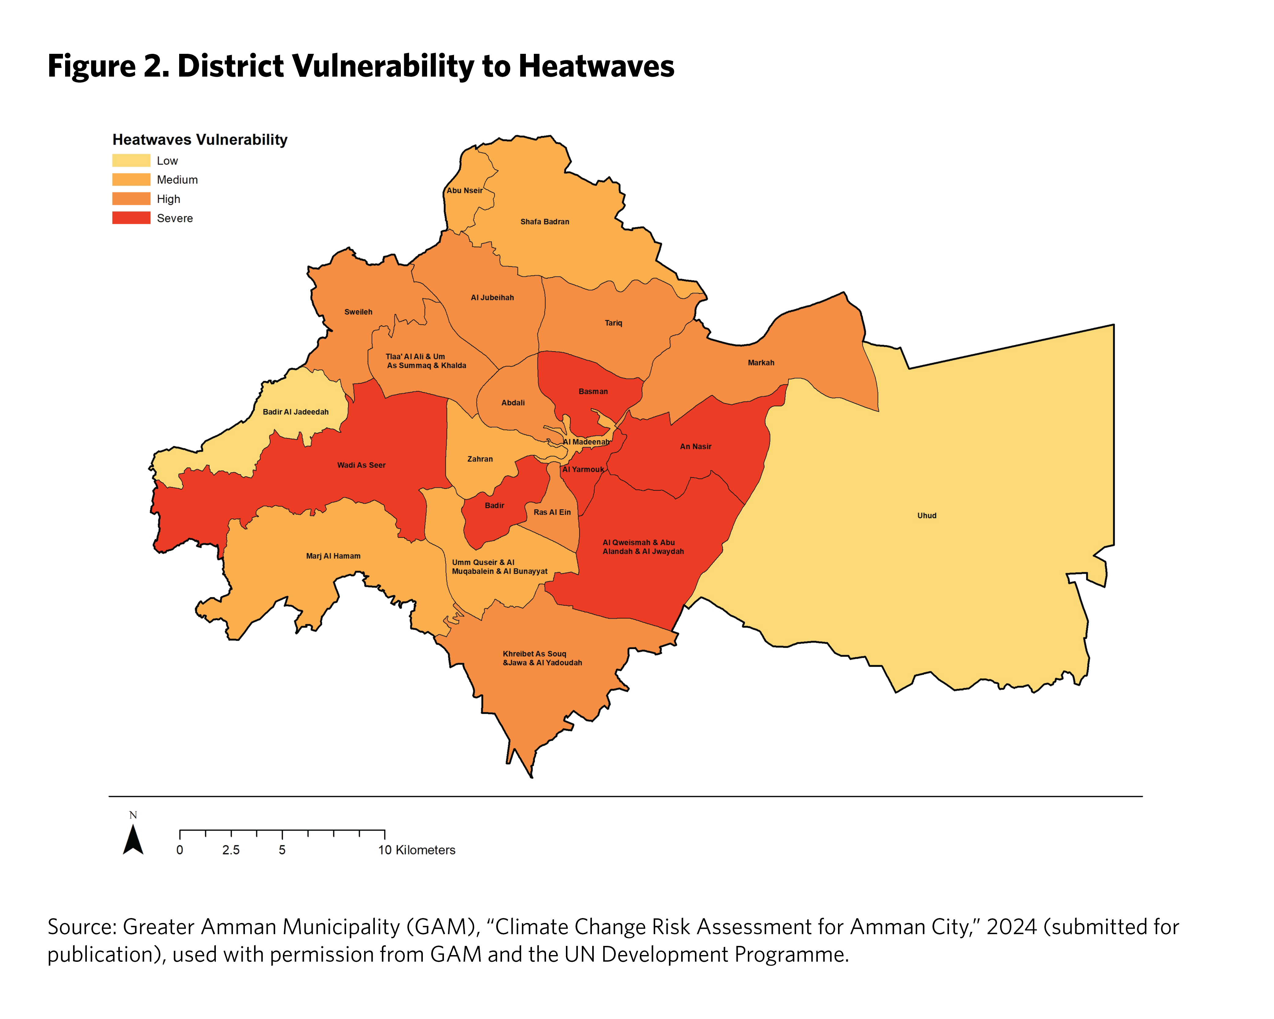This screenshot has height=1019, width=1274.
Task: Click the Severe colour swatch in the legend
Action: tap(131, 218)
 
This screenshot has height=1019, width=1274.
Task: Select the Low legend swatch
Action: tap(131, 161)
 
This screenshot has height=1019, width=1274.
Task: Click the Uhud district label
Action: tap(927, 515)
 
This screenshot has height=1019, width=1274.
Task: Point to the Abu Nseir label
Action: tap(464, 190)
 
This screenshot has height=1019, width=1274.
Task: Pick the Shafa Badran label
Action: tap(544, 222)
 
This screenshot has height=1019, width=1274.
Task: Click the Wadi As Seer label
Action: tap(361, 465)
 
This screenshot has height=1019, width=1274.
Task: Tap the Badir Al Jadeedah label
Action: tap(295, 412)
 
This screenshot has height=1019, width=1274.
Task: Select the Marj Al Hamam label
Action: tap(333, 556)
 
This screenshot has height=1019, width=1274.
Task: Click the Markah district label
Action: tap(760, 363)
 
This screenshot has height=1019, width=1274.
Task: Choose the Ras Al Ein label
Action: tap(552, 513)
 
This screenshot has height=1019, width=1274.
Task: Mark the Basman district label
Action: tap(593, 391)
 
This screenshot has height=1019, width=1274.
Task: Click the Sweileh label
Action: tap(358, 312)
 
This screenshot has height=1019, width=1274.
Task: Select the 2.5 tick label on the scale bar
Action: tap(231, 850)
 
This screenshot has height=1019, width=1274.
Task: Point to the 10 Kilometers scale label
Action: tap(417, 850)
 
